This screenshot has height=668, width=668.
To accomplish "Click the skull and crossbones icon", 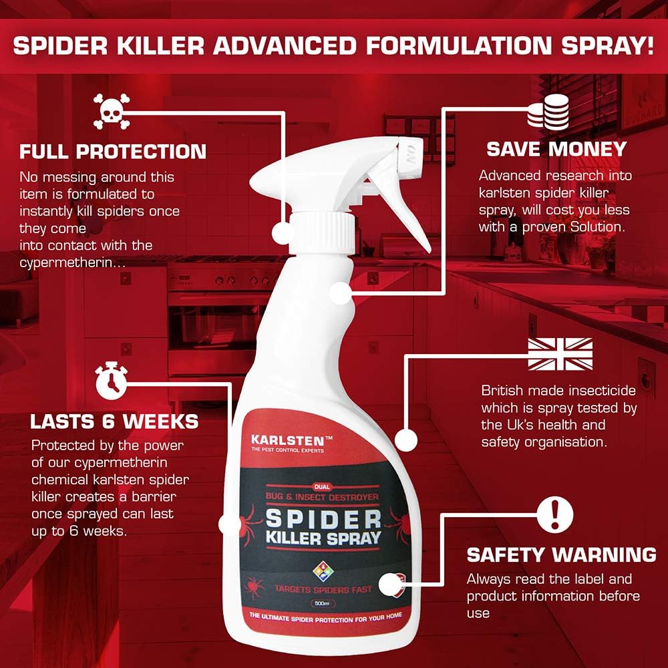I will (112, 112).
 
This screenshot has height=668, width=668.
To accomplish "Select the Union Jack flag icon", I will (560, 354).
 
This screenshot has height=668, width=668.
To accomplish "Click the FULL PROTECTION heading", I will (113, 151).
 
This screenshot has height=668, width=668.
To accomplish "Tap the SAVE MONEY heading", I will (556, 148).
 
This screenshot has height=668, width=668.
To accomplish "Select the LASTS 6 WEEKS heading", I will (114, 422).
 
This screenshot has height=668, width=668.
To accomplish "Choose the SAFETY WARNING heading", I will (561, 554).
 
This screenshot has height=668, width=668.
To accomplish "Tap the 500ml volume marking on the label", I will (322, 604).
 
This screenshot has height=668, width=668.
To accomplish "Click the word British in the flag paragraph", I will (502, 391).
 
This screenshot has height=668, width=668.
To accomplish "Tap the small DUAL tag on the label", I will (322, 486).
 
